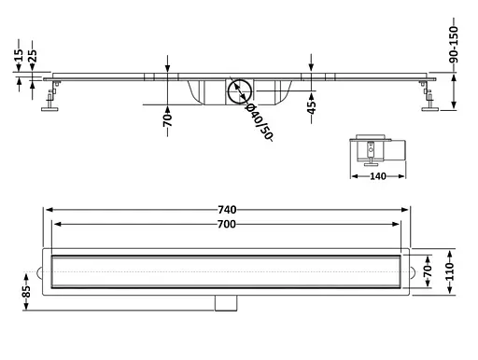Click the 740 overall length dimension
227,210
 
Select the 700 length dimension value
226,224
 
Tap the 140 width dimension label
378,176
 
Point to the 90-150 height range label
454,45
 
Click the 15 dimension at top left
19,55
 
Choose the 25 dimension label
33,56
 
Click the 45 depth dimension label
311,107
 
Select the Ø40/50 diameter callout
260,122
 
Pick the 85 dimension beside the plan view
26,292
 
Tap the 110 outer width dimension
450,271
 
